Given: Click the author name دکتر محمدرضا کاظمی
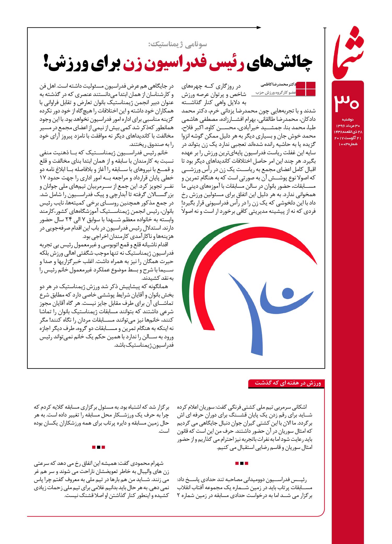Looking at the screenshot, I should pyautogui.click(x=278, y=85).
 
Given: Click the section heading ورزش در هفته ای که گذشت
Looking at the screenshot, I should pyautogui.click(x=287, y=383).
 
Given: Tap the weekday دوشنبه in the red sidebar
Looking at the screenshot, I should pyautogui.click(x=347, y=119).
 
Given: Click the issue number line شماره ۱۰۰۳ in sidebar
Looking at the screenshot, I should pyautogui.click(x=348, y=144).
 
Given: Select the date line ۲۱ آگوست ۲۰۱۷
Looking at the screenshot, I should pyautogui.click(x=348, y=138).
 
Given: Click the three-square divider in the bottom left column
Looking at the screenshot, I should pyautogui.click(x=99, y=447).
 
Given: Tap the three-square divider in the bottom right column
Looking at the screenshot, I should pyautogui.click(x=241, y=463).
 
